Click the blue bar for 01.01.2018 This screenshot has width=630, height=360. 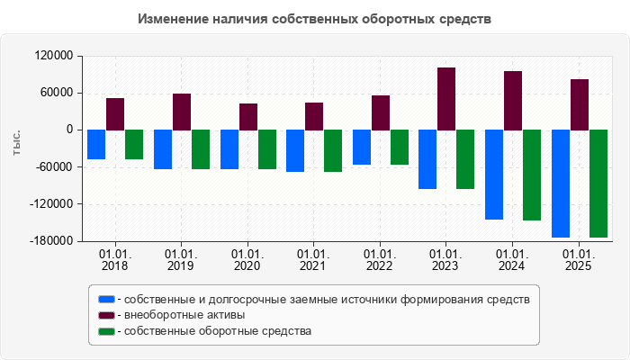[x=96, y=144]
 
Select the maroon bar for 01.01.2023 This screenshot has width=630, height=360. [x=446, y=99]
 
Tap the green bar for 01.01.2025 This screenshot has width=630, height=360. [x=598, y=184]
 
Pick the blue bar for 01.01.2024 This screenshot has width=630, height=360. [x=494, y=175]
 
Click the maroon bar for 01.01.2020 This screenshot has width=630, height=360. [x=248, y=117]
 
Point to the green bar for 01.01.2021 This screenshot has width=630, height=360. [x=333, y=150]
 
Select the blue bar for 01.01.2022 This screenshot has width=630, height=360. [x=362, y=147]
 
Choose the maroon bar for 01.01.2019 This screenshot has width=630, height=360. [x=182, y=112]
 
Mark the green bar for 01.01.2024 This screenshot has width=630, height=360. [x=532, y=175]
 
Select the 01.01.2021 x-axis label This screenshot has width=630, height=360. [x=313, y=260]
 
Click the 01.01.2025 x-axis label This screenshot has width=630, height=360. [x=579, y=260]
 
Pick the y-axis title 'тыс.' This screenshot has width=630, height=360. [x=17, y=142]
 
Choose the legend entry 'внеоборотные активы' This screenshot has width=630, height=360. [x=184, y=315]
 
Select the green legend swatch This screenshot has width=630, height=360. [x=106, y=331]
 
